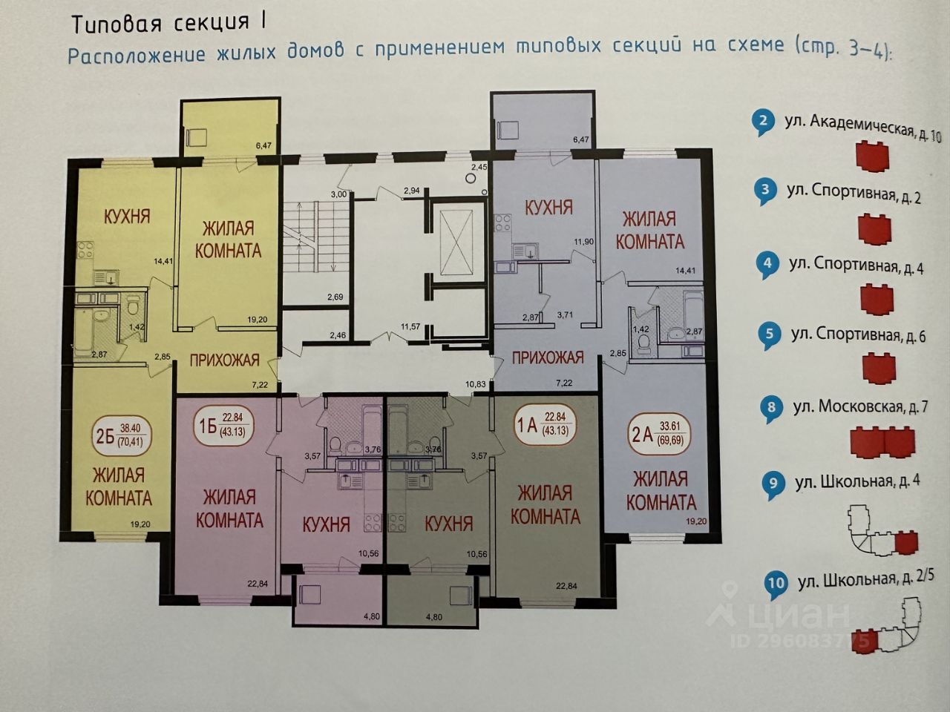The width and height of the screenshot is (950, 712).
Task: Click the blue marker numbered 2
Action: point(762,120)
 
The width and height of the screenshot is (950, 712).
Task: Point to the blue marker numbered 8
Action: point(772,407)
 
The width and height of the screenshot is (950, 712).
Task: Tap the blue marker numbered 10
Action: point(776,582)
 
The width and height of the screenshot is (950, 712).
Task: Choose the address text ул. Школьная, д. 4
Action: point(857,481)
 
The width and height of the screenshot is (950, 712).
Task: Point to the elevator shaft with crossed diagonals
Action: point(455,241)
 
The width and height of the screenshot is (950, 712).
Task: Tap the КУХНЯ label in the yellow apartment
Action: point(126,217)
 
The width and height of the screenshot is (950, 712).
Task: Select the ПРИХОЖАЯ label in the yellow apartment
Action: point(223,360)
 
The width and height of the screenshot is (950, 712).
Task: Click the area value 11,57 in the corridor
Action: point(410,326)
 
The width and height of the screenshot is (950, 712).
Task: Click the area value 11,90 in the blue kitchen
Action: point(584,242)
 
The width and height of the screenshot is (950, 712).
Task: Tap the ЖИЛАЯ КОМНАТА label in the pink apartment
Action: point(229,508)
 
